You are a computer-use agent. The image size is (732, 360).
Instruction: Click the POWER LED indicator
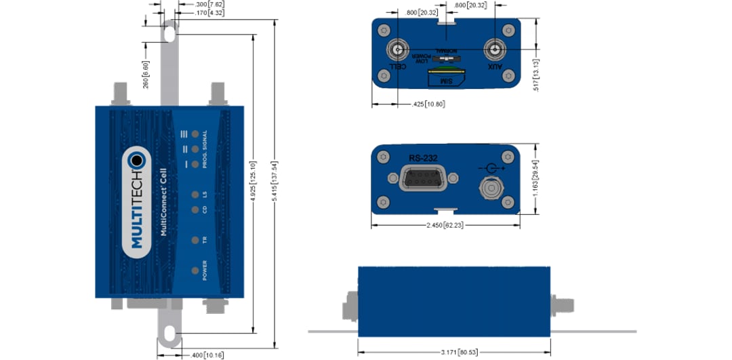(x=195, y=271)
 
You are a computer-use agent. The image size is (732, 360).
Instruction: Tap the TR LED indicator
(x=195, y=240)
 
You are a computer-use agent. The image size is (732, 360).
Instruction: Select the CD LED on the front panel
(x=195, y=209)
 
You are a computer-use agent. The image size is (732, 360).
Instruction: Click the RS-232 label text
(x=422, y=157)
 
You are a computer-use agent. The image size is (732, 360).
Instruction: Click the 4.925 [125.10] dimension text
(x=253, y=183)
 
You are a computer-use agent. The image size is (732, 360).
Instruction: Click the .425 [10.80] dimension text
(x=429, y=104)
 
